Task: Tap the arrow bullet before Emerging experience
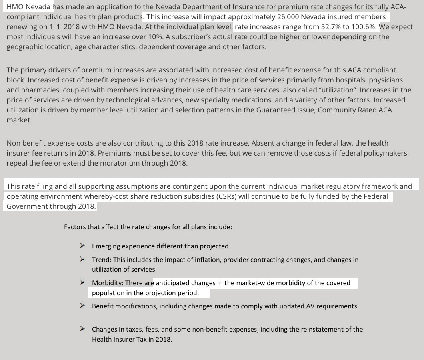click(82, 246)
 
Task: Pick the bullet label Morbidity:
click(108, 283)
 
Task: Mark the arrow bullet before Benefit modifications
click(82, 306)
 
